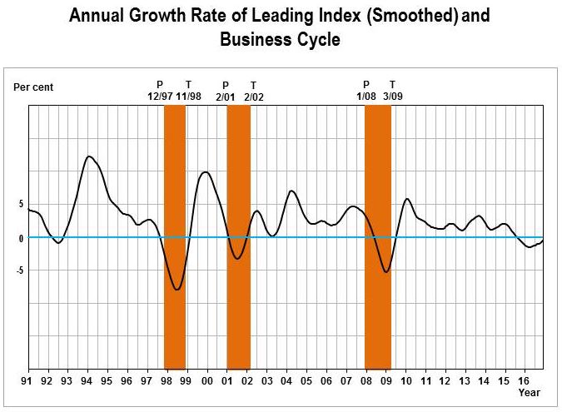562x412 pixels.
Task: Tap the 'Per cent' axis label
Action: point(33,87)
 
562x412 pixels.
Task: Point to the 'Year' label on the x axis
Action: point(530,391)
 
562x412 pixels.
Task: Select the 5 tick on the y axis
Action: point(20,204)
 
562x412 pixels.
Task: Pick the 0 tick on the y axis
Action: point(20,238)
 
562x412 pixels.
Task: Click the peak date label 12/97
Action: point(160,97)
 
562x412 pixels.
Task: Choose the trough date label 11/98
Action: point(189,97)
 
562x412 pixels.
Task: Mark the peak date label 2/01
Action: point(226,97)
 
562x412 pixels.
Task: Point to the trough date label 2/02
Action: point(253,97)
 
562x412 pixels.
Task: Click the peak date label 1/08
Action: point(366,97)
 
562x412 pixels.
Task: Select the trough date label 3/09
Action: point(393,97)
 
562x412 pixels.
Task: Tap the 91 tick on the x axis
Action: point(29,380)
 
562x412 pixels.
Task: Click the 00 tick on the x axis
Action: point(207,380)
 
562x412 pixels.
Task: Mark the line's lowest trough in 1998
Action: point(177,290)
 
